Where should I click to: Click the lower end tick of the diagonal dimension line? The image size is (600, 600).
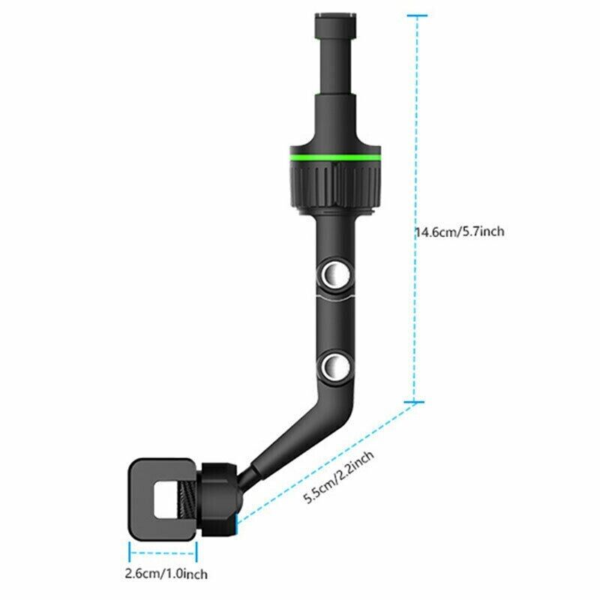coord(239,520)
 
